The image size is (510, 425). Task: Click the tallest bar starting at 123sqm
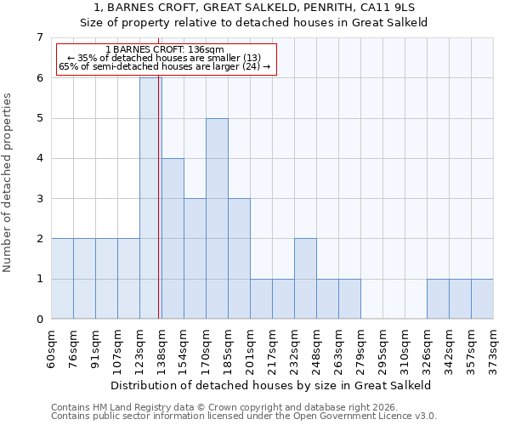[x=150, y=198]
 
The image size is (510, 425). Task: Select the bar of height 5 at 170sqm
[x=217, y=218]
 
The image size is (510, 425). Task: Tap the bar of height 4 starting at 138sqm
[x=173, y=239]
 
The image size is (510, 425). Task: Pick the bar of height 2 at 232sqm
[x=305, y=279]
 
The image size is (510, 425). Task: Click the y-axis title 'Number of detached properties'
[x=8, y=184]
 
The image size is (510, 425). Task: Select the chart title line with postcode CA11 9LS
[x=255, y=8]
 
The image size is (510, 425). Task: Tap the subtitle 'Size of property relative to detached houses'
[x=255, y=23]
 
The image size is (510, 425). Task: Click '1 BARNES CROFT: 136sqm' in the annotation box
[x=165, y=50]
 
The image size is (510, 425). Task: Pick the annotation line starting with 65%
[x=164, y=66]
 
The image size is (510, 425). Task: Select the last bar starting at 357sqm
[x=482, y=299]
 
